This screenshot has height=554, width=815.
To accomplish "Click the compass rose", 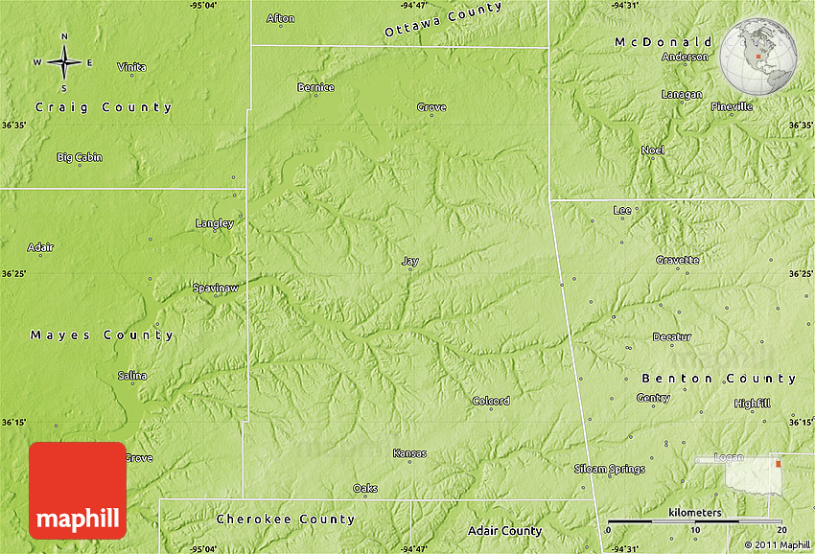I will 64,61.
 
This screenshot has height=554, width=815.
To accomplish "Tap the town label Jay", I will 410,261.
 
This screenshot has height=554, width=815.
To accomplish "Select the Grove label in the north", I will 431,107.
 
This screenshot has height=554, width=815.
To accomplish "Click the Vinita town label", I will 132,67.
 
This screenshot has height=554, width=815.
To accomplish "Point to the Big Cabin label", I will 80,157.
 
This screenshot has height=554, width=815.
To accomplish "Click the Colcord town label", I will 491,401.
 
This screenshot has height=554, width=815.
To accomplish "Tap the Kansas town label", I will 409,453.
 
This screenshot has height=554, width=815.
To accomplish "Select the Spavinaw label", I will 215,288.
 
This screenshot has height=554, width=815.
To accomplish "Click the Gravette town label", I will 678,260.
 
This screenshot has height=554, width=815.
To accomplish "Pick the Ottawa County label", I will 443,20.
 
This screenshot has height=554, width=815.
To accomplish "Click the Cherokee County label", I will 286,519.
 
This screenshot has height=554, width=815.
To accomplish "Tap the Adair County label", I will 504,530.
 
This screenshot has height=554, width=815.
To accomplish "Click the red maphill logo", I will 78,490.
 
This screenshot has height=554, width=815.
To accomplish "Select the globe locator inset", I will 761,57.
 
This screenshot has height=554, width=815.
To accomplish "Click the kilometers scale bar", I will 694,522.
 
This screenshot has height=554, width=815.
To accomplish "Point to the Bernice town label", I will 315,87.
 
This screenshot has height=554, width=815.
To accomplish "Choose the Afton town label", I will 281,18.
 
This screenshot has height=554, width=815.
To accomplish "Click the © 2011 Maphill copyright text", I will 777,544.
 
